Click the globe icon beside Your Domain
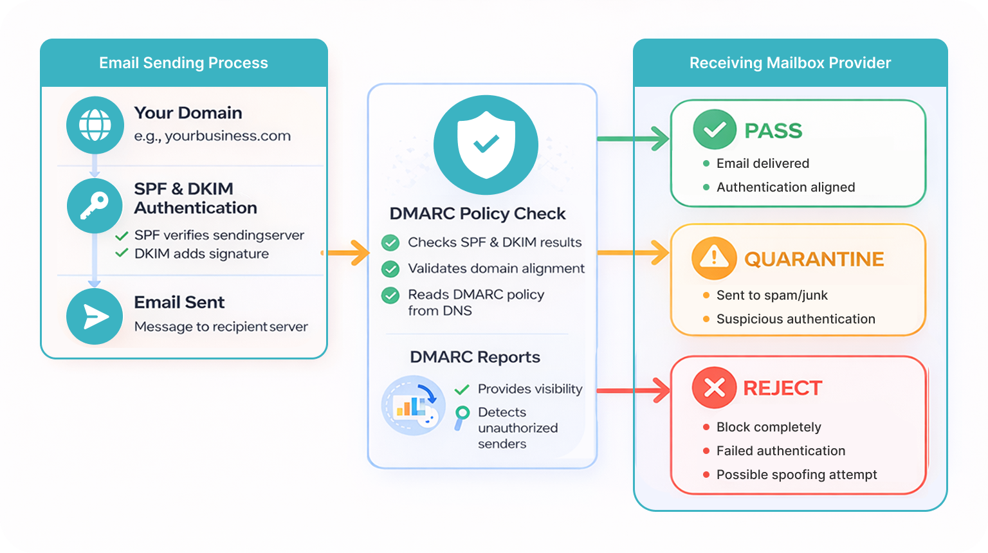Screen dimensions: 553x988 pyautogui.click(x=95, y=125)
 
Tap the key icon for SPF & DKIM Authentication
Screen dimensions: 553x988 pyautogui.click(x=95, y=206)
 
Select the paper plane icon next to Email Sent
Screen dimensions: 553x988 pyautogui.click(x=95, y=316)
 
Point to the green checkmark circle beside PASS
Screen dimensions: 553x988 pyautogui.click(x=714, y=131)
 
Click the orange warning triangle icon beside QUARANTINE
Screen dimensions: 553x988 pyautogui.click(x=713, y=258)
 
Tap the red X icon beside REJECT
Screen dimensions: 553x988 pyautogui.click(x=714, y=388)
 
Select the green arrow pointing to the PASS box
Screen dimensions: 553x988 pyautogui.click(x=634, y=138)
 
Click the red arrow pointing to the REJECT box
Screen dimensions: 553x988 pyautogui.click(x=634, y=390)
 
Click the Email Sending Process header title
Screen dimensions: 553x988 pyautogui.click(x=183, y=63)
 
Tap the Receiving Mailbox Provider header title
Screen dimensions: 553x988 pyautogui.click(x=790, y=63)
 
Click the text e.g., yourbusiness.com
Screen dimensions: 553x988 pyautogui.click(x=212, y=136)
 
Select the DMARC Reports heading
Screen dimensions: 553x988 pyautogui.click(x=475, y=357)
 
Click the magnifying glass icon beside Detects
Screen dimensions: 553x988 pyautogui.click(x=462, y=417)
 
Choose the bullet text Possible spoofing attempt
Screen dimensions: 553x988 pyautogui.click(x=796, y=475)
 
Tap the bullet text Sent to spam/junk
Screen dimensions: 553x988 pyautogui.click(x=772, y=295)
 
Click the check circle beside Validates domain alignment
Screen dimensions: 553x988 pyautogui.click(x=390, y=269)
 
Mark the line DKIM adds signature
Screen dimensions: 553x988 pyautogui.click(x=201, y=254)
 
